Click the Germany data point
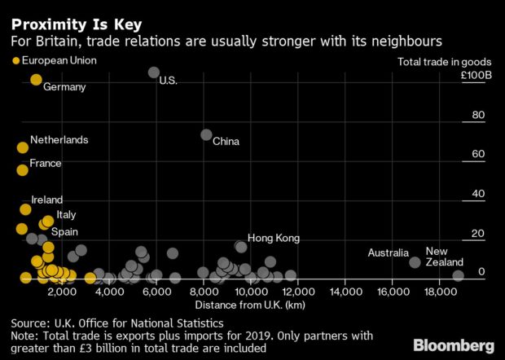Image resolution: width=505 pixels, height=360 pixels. tap(36, 79)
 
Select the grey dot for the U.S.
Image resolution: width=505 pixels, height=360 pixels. tap(154, 72)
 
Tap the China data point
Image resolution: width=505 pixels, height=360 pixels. tap(206, 134)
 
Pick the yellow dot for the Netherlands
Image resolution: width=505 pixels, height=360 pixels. tap(22, 147)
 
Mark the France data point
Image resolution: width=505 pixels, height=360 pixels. tap(22, 169)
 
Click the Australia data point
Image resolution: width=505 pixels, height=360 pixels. tap(415, 262)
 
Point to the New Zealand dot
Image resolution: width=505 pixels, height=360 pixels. tap(458, 275)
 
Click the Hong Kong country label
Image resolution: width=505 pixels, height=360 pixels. tap(274, 238)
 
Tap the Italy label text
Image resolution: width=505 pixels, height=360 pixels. tap(66, 214)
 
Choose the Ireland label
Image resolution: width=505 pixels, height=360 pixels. tap(46, 200)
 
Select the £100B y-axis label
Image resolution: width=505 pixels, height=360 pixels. tap(476, 76)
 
